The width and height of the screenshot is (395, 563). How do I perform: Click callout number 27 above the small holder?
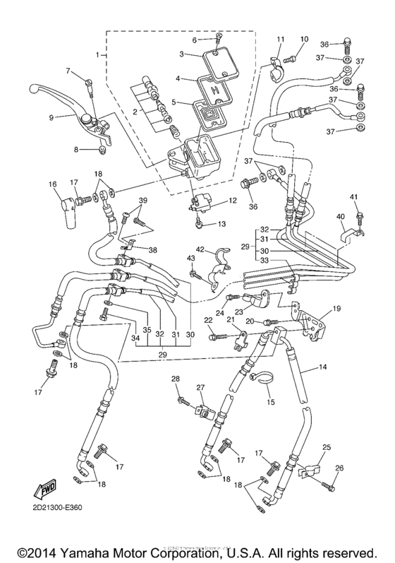pyautogui.click(x=200, y=387)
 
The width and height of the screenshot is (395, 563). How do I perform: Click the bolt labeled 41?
pyautogui.click(x=359, y=211)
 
